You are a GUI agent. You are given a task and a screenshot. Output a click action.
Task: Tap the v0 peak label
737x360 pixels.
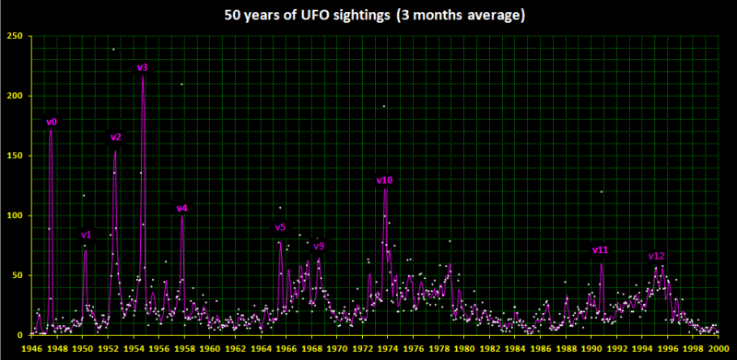[52, 122]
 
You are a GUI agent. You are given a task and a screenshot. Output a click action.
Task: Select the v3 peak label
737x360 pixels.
[143, 67]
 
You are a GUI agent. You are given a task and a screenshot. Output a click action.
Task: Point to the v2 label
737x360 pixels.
[116, 137]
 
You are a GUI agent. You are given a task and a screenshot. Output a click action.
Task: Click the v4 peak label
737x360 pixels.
[181, 208]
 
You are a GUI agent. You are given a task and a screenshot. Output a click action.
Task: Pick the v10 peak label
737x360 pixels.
[385, 180]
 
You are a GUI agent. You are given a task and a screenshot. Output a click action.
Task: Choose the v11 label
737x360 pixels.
[601, 250]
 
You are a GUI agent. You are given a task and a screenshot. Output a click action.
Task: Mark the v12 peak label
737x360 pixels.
[656, 256]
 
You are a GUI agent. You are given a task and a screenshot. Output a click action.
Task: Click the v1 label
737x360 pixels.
[87, 235]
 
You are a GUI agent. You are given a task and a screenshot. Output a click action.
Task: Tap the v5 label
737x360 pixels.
[281, 227]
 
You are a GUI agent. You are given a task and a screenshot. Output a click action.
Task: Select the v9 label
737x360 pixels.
[319, 246]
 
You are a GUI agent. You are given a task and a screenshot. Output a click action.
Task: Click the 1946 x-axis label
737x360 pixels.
[31, 350]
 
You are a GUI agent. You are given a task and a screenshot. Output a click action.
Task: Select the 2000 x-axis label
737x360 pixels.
[719, 350]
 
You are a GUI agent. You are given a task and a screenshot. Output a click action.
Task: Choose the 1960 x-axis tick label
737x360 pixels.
[210, 350]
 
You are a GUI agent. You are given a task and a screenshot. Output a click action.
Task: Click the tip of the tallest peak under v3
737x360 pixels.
[143, 76]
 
